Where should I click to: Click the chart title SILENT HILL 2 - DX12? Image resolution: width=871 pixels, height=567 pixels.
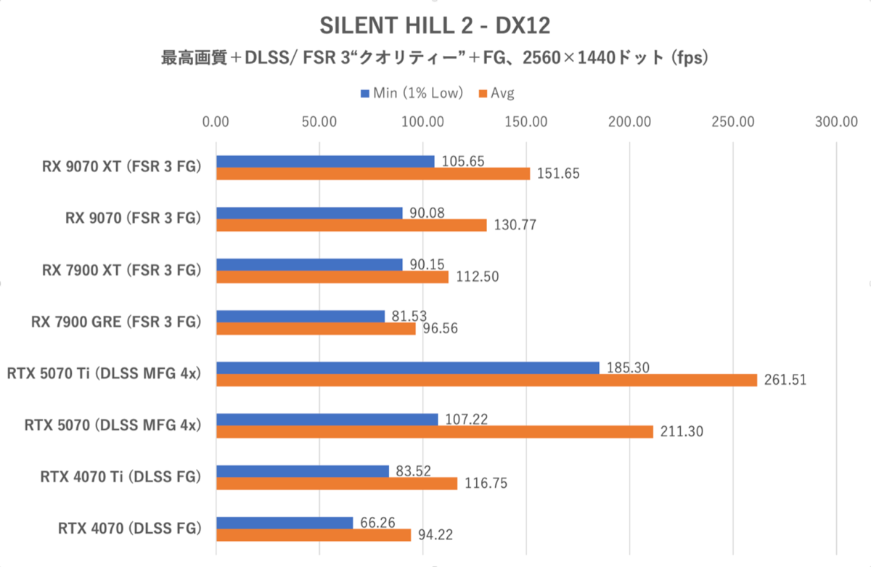tap(435, 27)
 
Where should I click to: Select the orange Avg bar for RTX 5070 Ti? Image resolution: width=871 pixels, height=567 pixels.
tap(486, 380)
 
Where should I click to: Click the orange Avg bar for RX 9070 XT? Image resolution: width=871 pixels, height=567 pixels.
tap(373, 174)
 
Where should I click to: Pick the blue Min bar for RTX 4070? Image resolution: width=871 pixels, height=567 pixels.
tap(285, 523)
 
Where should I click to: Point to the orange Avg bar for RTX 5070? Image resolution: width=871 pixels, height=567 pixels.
tap(435, 432)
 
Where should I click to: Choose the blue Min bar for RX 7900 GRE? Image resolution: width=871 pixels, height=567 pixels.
tap(300, 317)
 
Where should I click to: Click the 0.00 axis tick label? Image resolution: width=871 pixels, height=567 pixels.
tap(216, 121)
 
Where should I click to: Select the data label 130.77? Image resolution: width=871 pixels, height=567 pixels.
tap(514, 226)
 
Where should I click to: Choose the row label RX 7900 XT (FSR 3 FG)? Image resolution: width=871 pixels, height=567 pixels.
tap(120, 270)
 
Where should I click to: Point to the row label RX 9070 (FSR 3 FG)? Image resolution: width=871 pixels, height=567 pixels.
tap(131, 219)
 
